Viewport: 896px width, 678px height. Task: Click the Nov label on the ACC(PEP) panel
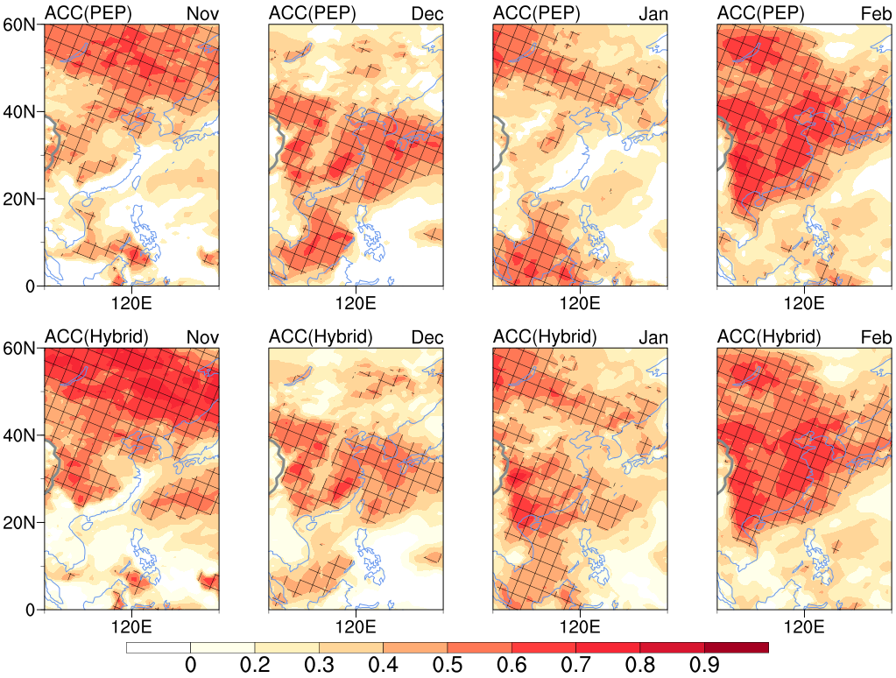coord(202,13)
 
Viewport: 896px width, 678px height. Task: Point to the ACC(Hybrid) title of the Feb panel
coord(768,337)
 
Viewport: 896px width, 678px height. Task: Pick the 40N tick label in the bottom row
coord(20,435)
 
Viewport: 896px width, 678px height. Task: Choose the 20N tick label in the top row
coord(20,199)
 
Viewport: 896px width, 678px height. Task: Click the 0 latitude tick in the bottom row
coord(30,610)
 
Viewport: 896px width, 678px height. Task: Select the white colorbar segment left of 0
coord(159,647)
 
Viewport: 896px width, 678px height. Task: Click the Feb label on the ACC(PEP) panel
coord(875,13)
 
